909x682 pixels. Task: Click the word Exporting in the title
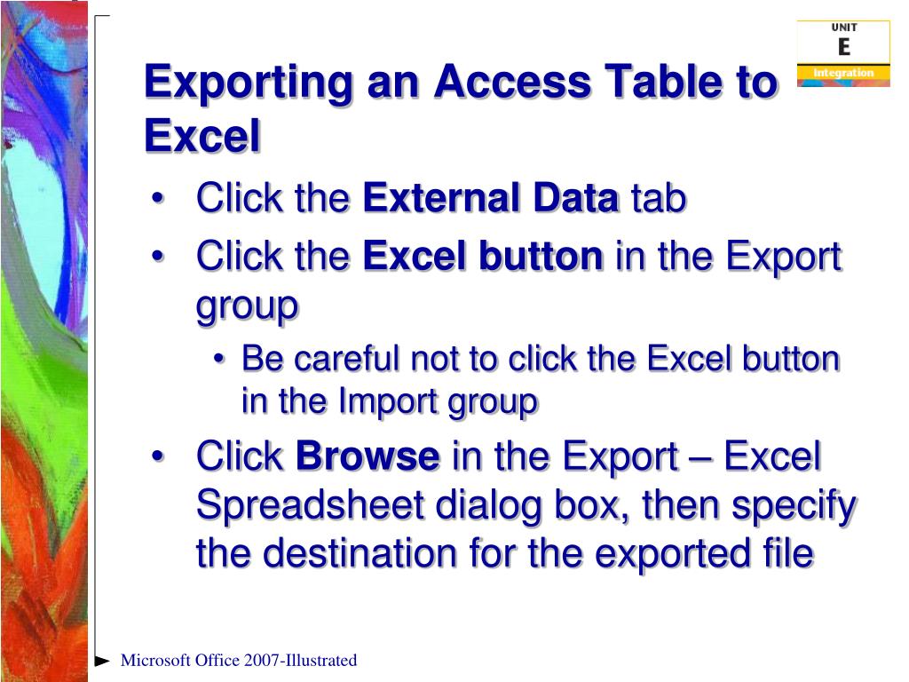coord(242,83)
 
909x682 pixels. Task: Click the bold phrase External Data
coord(491,198)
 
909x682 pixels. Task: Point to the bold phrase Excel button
coord(483,257)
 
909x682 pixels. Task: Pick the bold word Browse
coord(368,457)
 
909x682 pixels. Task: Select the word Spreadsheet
coord(310,505)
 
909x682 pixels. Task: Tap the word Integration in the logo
coord(843,72)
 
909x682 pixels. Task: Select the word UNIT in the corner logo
coord(843,28)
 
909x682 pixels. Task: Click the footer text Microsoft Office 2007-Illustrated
coord(239,660)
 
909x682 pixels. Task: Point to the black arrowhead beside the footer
coord(103,661)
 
